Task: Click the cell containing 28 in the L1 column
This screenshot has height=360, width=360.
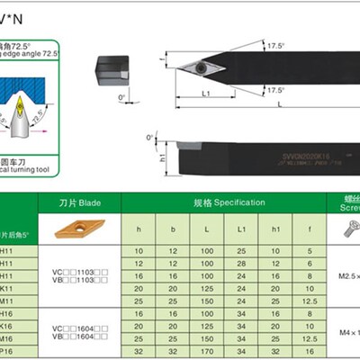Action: (x=241, y=261)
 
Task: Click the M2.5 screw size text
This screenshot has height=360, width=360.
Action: (x=346, y=274)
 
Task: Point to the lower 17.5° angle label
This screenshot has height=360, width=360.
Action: (x=275, y=90)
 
